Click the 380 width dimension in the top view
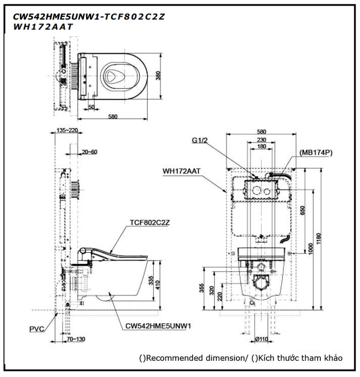[158, 76]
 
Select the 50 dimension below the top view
[91, 107]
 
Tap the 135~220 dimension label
[67, 130]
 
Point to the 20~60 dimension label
[89, 152]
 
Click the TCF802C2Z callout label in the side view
[150, 223]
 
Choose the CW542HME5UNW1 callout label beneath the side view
[158, 326]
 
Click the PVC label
[37, 329]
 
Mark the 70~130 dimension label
[76, 339]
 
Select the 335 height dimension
[151, 281]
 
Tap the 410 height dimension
[158, 285]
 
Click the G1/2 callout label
[200, 140]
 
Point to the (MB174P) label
[316, 153]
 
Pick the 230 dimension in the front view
[262, 140]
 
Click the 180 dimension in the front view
[262, 146]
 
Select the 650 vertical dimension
[302, 210]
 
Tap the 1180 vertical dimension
[319, 238]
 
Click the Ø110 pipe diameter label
[262, 339]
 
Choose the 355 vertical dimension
[201, 288]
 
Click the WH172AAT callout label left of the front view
[182, 171]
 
